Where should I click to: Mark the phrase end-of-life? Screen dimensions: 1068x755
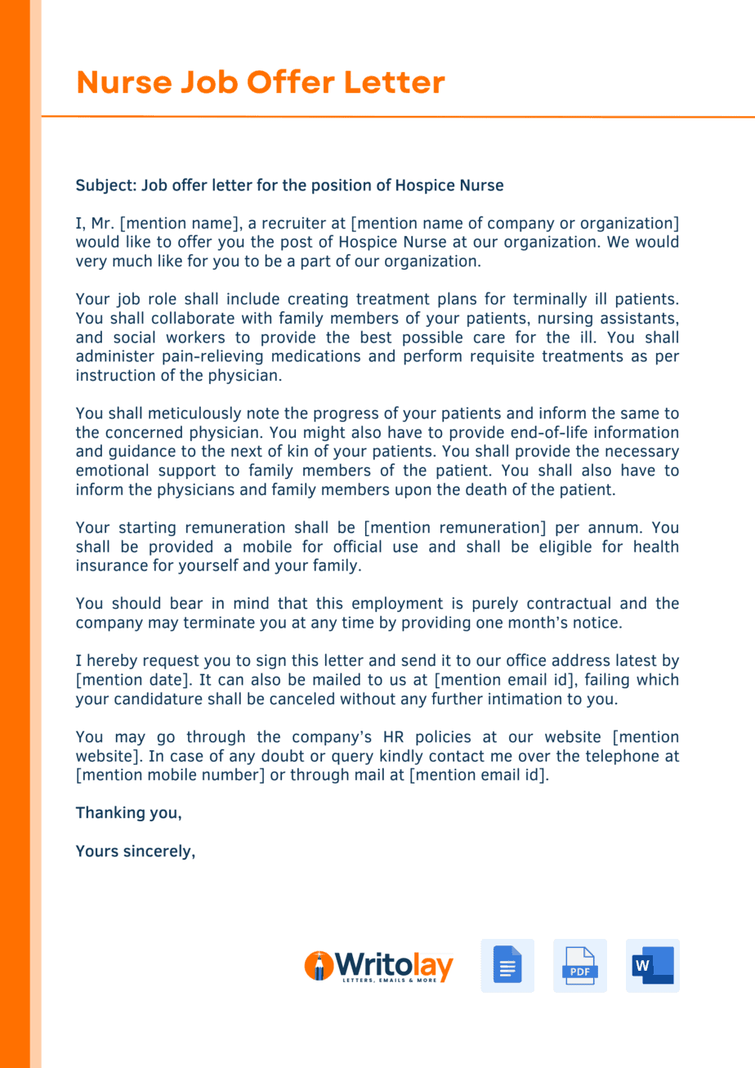click(x=516, y=431)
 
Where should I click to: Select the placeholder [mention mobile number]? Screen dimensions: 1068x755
click(x=170, y=775)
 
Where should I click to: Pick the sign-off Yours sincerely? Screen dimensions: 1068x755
click(x=136, y=851)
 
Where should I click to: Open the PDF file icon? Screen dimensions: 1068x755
click(x=579, y=966)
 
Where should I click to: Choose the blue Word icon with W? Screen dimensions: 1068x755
click(x=652, y=966)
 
